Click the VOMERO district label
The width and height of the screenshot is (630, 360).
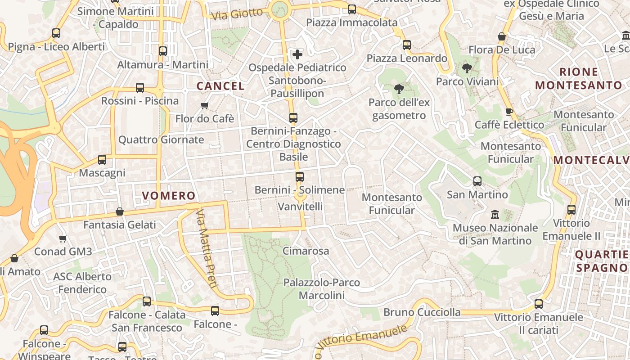tap(169, 196)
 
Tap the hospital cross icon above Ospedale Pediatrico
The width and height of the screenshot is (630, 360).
tap(297, 54)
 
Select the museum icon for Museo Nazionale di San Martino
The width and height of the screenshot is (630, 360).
tap(495, 214)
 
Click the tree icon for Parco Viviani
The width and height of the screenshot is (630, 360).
tap(467, 68)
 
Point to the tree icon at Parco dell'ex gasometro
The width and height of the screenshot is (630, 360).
tap(399, 89)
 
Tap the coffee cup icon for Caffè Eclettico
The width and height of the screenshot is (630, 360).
tap(509, 112)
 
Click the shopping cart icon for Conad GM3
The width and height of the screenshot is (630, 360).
tap(63, 238)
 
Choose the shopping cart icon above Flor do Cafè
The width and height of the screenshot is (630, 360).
tap(205, 106)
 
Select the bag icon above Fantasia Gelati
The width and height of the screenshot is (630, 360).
tap(120, 211)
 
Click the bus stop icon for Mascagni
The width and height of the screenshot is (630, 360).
tap(102, 160)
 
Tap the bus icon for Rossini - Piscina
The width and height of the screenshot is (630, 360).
tap(140, 88)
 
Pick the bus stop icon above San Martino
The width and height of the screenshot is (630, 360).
tap(477, 181)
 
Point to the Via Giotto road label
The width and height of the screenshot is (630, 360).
tap(237, 14)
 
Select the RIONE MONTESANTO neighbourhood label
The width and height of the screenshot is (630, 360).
tap(578, 78)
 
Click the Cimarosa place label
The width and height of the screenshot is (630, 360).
tap(306, 251)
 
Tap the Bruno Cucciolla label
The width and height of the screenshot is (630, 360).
tap(422, 312)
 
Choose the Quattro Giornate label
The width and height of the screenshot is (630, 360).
tap(161, 140)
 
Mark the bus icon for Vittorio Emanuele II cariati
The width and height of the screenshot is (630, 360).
tap(539, 304)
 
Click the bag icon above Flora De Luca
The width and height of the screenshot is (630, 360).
tap(502, 36)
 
